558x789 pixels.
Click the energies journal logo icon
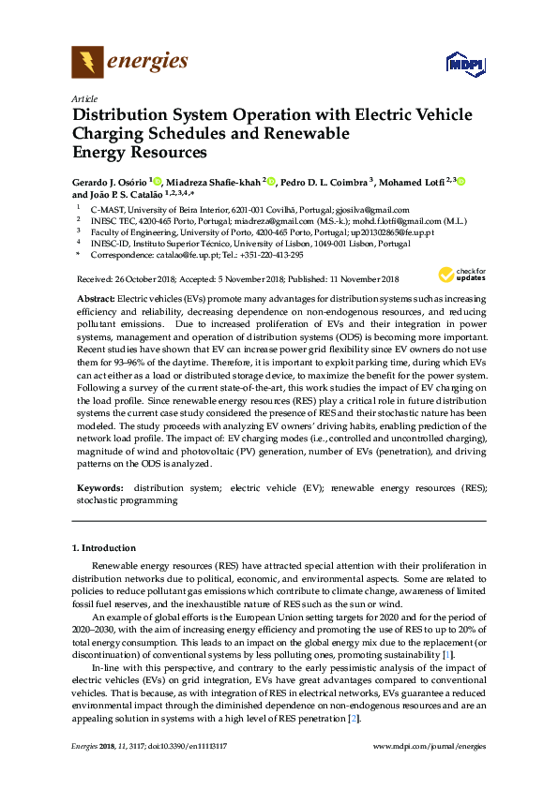88,63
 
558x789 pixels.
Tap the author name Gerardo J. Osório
111,181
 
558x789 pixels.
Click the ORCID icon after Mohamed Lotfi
461,181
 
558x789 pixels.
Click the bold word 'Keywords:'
99,488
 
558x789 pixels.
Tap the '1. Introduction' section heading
104,547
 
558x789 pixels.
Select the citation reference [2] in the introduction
353,718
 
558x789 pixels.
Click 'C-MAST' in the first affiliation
107,211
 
